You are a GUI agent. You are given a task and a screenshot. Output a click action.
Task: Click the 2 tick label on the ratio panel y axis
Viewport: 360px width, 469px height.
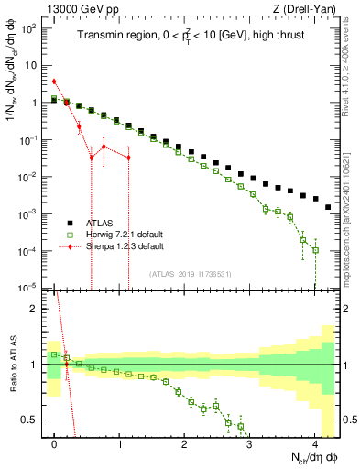[35, 309]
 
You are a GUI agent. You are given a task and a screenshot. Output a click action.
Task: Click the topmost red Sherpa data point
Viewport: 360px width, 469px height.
[54, 82]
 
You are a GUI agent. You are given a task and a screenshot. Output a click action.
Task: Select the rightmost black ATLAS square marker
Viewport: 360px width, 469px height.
[328, 207]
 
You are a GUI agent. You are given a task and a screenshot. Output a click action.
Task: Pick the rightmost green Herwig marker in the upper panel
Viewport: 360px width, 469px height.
[315, 250]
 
